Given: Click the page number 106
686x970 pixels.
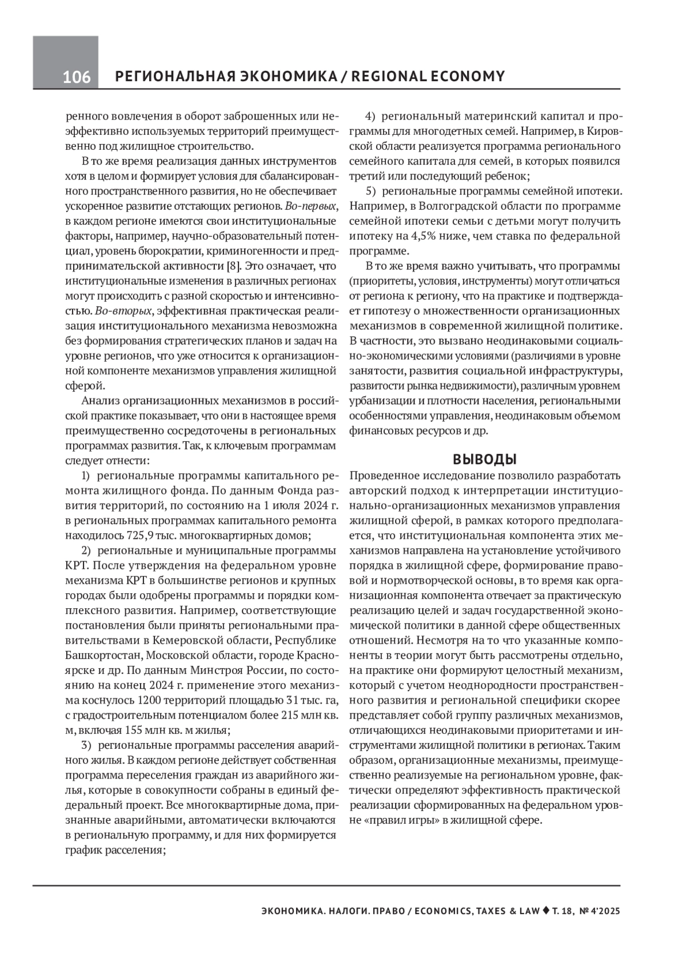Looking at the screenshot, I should [77, 77].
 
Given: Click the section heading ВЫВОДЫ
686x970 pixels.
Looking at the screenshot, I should [485, 459].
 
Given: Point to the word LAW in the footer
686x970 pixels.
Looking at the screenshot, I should [526, 911].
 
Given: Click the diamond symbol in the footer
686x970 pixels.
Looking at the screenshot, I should [545, 911].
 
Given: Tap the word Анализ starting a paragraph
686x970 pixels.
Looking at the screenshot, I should [102, 400].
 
